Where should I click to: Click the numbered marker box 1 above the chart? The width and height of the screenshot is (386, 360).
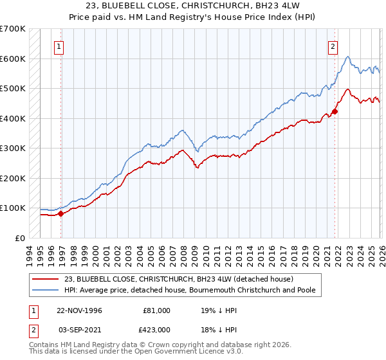(59, 46)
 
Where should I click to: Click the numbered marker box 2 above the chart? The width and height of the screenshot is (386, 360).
(333, 46)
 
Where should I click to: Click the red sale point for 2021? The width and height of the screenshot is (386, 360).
(335, 111)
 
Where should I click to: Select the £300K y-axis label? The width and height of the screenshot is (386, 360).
(13, 148)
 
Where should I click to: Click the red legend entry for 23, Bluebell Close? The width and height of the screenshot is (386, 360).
(179, 279)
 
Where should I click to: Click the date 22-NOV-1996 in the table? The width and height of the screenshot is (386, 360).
(79, 310)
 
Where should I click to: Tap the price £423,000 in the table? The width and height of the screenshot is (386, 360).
(156, 329)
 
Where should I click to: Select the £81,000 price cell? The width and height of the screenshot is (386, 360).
(156, 310)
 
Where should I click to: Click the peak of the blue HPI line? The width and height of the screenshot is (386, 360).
(347, 57)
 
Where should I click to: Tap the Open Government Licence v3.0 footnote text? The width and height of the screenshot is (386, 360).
(187, 353)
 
